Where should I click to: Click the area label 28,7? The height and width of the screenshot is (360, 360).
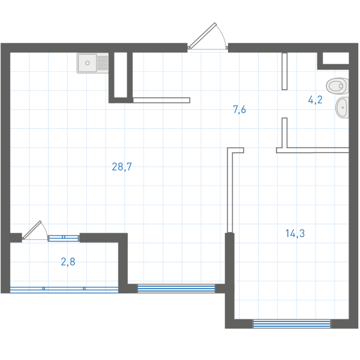(x=122, y=167)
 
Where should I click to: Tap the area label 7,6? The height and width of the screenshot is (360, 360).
(x=239, y=109)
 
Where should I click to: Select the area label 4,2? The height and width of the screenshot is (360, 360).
(x=315, y=100)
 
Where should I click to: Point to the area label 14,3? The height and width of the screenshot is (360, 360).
(x=295, y=233)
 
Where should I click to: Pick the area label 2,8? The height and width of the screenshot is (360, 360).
(x=68, y=262)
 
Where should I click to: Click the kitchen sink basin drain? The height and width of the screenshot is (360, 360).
(x=88, y=63)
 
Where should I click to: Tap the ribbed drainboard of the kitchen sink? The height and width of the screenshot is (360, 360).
(x=103, y=63)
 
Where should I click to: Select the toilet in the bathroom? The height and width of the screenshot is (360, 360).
(x=337, y=86)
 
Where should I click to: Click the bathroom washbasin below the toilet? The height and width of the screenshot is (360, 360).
(x=342, y=107)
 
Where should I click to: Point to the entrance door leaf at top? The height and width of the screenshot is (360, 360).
(x=202, y=35)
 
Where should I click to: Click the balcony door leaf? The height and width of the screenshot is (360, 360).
(x=32, y=230)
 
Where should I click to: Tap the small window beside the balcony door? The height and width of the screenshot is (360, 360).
(x=64, y=238)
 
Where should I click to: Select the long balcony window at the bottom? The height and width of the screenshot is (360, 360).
(x=64, y=290)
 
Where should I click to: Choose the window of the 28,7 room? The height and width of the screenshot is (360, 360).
(x=176, y=289)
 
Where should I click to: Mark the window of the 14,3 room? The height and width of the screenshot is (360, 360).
(x=292, y=324)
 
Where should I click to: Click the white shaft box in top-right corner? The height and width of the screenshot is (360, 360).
(x=336, y=58)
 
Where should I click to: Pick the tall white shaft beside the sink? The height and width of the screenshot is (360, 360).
(x=121, y=75)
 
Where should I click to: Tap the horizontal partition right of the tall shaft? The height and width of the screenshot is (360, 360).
(x=161, y=100)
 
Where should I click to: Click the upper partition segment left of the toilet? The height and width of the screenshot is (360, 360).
(x=284, y=71)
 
